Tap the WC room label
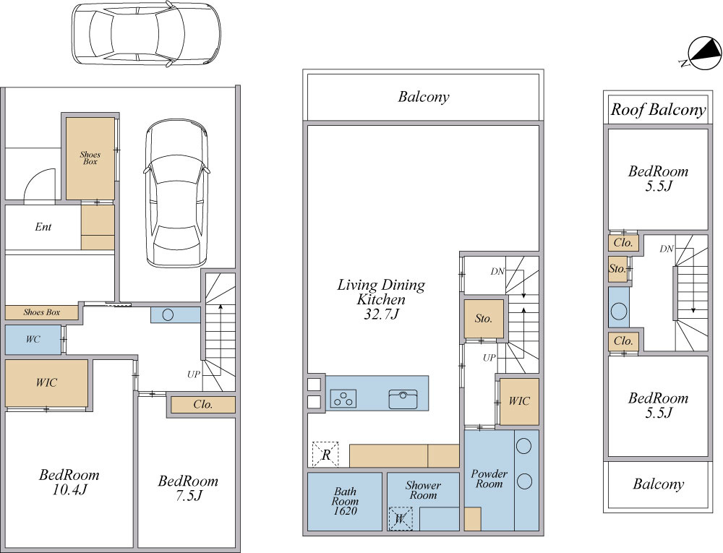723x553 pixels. click(33, 340)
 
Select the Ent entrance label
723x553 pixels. click(43, 227)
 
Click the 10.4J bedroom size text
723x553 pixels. click(69, 489)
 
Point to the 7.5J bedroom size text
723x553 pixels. click(188, 496)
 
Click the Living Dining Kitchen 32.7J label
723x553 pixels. click(381, 299)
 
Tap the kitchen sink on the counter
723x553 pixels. click(403, 399)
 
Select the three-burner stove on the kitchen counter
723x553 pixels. click(343, 398)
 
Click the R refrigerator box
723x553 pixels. click(325, 455)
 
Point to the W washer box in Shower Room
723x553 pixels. click(400, 519)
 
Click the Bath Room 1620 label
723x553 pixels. click(345, 502)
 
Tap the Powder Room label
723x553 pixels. click(489, 479)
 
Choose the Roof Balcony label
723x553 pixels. click(658, 110)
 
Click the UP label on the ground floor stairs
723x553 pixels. click(194, 374)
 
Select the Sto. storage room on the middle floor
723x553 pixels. click(484, 319)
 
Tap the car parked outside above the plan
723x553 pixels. click(146, 33)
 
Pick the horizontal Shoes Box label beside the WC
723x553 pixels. click(41, 312)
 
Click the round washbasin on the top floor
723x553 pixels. click(619, 311)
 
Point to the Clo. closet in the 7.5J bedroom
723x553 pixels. click(203, 405)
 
